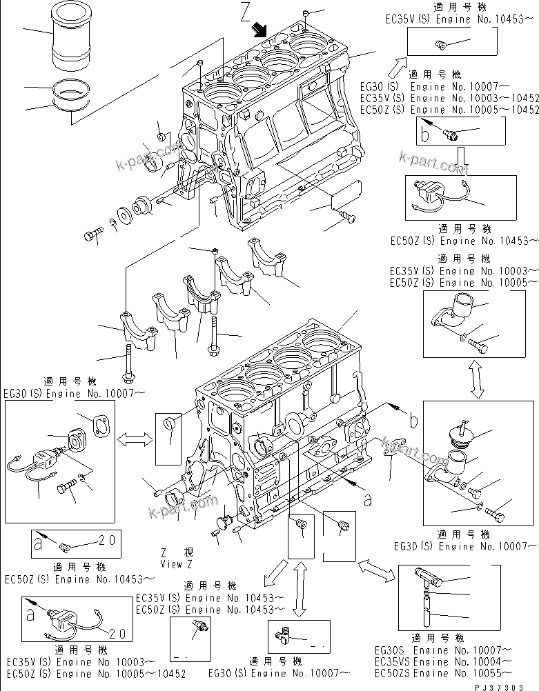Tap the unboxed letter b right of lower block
[x=413, y=418]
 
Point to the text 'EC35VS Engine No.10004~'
[x=442, y=661]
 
